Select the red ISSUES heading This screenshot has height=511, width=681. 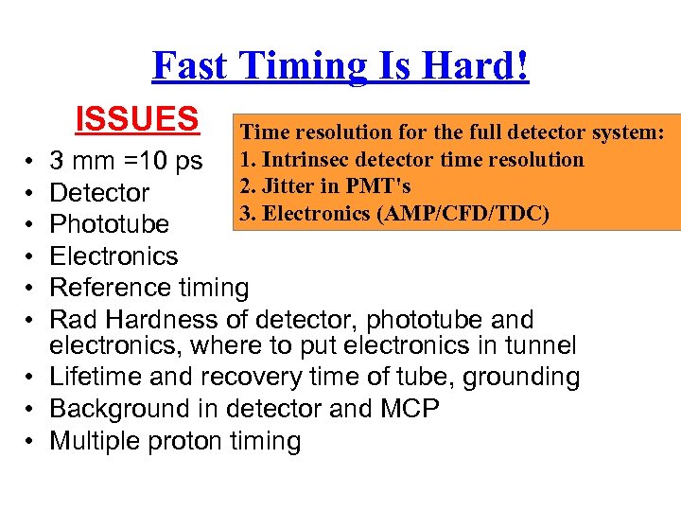tap(137, 119)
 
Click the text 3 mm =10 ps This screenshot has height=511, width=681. tap(126, 161)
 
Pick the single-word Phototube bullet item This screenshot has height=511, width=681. tap(109, 224)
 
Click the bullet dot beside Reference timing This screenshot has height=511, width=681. tap(32, 288)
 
